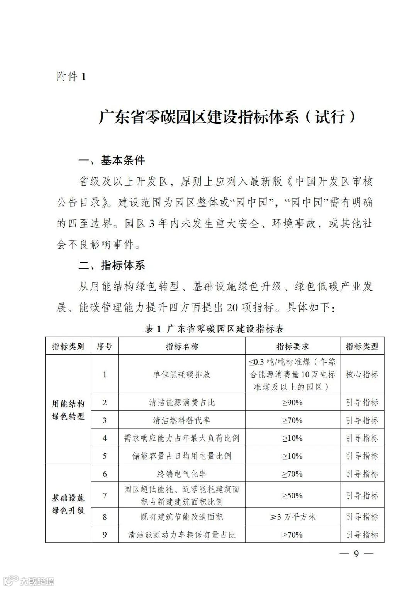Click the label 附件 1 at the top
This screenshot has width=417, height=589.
click(71, 77)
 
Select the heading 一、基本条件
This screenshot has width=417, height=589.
click(112, 160)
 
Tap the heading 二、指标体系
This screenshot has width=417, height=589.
click(112, 265)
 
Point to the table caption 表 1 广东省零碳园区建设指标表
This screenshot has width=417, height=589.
click(214, 329)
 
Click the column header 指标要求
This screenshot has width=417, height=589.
click(292, 346)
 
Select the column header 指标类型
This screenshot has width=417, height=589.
click(362, 346)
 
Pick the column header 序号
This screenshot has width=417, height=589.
click(104, 346)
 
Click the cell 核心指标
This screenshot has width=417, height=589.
click(362, 374)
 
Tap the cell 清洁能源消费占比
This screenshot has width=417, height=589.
click(181, 402)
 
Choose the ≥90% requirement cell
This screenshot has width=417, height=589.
click(292, 402)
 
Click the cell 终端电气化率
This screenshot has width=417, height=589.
click(181, 474)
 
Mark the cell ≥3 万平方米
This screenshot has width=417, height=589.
click(292, 517)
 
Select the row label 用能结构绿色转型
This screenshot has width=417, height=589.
click(68, 410)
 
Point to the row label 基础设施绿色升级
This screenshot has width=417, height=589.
click(68, 504)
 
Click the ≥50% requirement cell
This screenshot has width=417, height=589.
click(292, 496)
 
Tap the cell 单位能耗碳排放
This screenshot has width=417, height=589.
click(181, 374)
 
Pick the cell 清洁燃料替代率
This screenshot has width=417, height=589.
click(181, 420)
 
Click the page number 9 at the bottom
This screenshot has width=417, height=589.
click(356, 554)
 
